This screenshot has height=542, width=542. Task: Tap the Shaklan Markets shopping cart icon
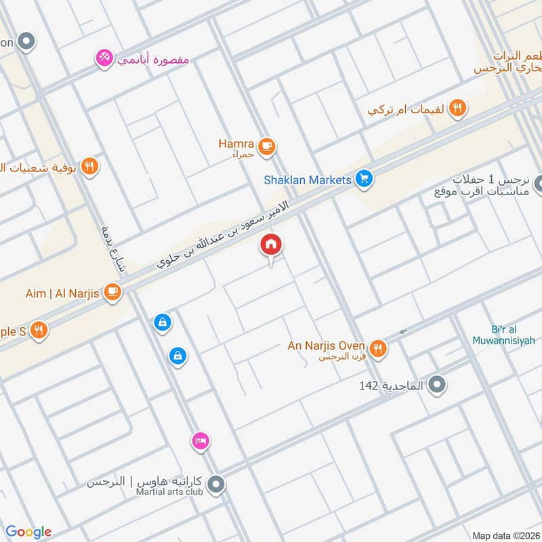(x=364, y=180)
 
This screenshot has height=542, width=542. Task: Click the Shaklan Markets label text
(x=308, y=180)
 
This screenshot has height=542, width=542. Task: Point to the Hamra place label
(x=236, y=144)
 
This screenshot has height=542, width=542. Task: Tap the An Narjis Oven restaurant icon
(x=378, y=348)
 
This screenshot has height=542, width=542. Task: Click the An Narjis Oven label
(x=327, y=346)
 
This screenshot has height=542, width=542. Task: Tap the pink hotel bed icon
(x=200, y=442)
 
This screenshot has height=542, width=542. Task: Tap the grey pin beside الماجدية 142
(x=438, y=385)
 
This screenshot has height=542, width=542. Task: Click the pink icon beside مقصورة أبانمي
(x=104, y=58)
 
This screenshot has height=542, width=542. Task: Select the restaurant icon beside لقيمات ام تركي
(x=458, y=107)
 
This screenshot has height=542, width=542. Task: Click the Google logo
(x=28, y=532)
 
